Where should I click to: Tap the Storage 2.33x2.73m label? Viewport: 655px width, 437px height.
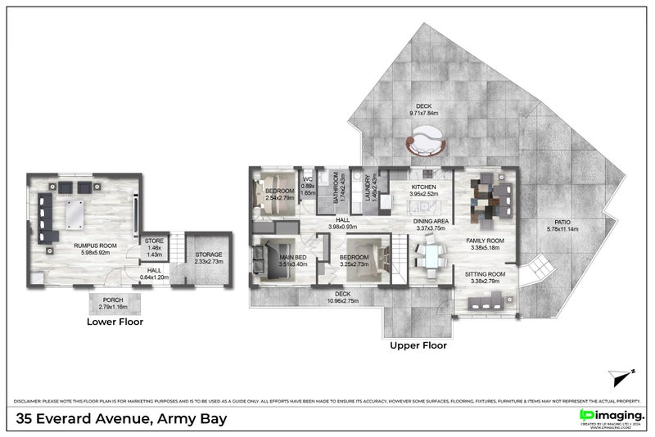click(208, 259)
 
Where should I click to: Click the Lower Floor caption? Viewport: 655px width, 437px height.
click(115, 322)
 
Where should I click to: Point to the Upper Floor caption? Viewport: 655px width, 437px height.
click(418, 345)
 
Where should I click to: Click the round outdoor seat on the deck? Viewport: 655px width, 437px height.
click(425, 146)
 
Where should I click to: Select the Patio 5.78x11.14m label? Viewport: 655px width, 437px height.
click(562, 225)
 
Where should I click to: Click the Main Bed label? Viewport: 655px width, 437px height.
click(292, 260)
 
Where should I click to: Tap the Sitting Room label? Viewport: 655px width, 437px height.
click(486, 277)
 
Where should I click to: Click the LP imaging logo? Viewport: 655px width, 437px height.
click(612, 417)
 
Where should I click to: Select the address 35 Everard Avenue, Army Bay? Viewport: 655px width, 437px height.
click(122, 419)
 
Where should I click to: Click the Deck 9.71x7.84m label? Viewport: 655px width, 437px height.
click(423, 110)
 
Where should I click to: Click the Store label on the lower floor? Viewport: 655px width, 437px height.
click(155, 245)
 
